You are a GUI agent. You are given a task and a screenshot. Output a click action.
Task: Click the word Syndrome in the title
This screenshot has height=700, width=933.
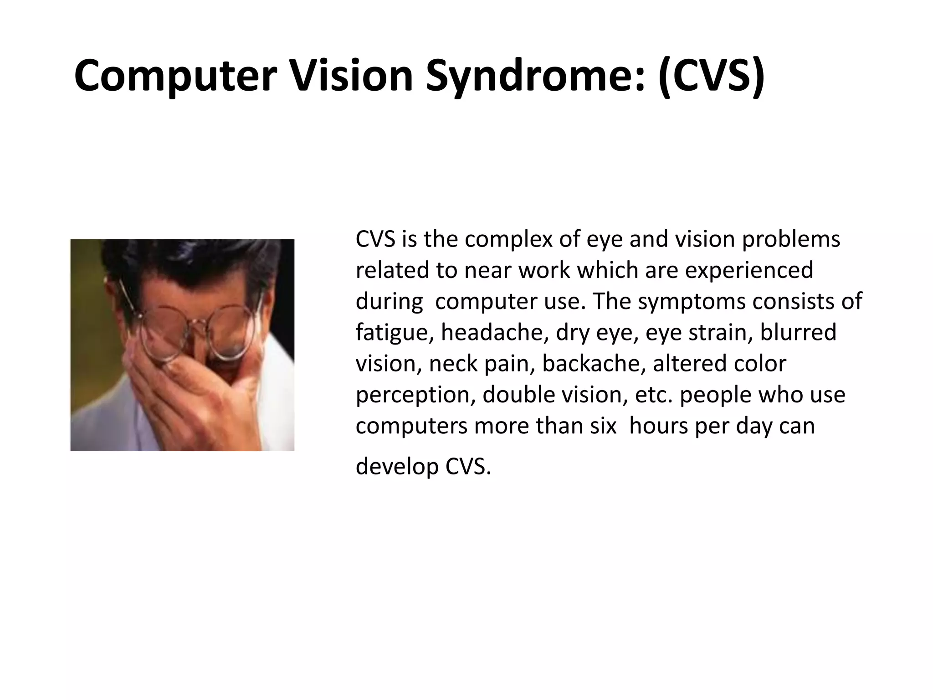point(535,76)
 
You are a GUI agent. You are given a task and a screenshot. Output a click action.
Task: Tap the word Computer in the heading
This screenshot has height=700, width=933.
point(175,76)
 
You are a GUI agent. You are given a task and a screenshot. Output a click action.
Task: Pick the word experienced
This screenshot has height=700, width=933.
point(749,271)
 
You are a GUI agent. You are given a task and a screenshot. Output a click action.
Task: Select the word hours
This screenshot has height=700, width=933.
point(659,426)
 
